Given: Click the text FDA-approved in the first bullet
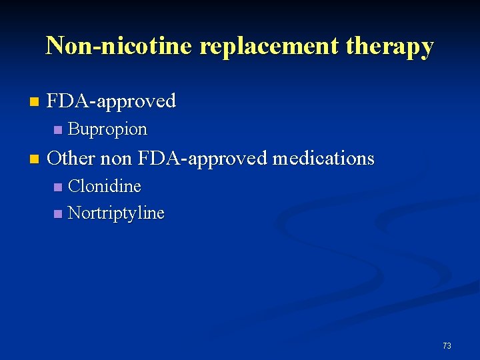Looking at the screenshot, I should (111, 101).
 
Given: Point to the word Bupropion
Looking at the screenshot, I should (107, 129).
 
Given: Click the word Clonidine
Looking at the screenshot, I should (105, 186).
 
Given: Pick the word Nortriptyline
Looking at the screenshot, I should (116, 213).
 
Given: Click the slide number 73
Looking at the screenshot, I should (447, 345).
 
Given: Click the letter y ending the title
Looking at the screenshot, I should (427, 48).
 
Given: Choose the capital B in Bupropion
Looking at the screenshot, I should (73, 129).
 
